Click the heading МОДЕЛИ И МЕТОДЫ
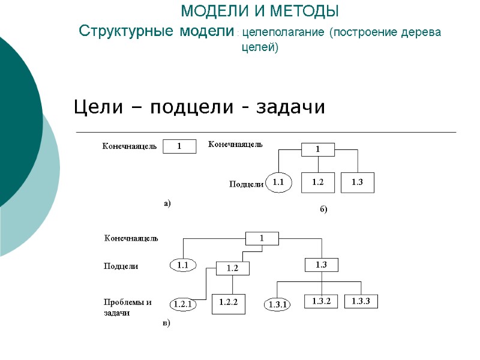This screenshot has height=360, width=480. click(x=259, y=11)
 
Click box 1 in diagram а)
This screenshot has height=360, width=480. click(x=179, y=146)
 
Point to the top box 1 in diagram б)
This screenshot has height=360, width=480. click(x=318, y=149)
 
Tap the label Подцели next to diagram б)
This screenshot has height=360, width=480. click(x=247, y=184)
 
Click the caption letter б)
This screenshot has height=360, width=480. click(x=323, y=210)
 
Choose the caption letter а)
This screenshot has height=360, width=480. click(x=167, y=203)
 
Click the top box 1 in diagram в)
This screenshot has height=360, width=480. click(x=262, y=238)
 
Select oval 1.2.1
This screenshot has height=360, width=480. click(x=182, y=305)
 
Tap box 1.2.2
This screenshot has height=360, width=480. click(x=229, y=304)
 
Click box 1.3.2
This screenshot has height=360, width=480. click(x=321, y=301)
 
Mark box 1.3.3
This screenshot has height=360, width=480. click(x=361, y=301)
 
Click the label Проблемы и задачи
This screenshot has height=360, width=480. click(x=128, y=307)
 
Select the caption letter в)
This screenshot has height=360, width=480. click(x=167, y=323)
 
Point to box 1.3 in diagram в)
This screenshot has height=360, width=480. click(x=322, y=264)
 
